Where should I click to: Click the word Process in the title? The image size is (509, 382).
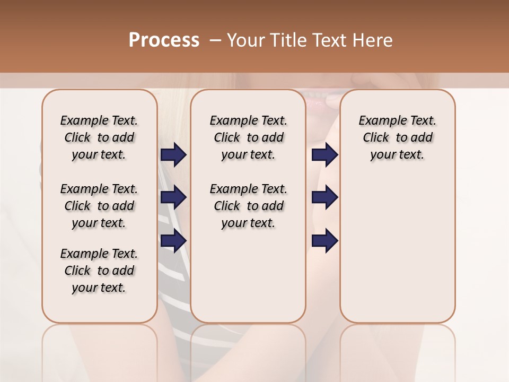tap(164, 40)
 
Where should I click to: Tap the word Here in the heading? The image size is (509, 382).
tap(374, 40)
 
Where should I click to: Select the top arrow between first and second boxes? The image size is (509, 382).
tap(173, 155)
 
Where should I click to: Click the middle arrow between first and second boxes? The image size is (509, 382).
tap(173, 198)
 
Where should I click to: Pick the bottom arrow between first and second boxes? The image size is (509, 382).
tap(173, 241)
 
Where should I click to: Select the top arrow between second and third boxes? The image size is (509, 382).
tap(324, 155)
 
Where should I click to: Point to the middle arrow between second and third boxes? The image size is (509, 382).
tap(324, 198)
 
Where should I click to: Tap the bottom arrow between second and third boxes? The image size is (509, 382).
tap(324, 241)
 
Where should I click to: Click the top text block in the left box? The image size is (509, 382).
tap(99, 137)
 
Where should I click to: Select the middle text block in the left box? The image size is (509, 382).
tap(99, 206)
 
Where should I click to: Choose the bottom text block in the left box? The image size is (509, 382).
tap(99, 271)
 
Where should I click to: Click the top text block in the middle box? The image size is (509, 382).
tap(248, 137)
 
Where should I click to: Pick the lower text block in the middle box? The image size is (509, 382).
tap(248, 206)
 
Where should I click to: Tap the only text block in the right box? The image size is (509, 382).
tap(397, 137)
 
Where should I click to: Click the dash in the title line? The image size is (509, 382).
tap(215, 40)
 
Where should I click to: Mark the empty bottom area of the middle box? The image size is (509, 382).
tap(248, 281)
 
